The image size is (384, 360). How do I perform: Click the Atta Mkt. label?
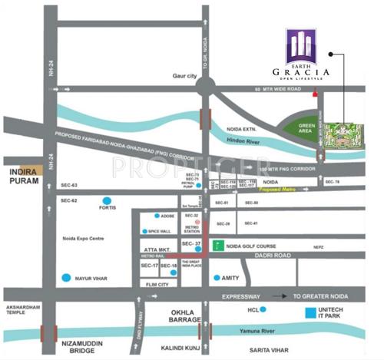pyautogui.click(x=156, y=250)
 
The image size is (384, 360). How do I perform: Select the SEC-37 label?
pyautogui.click(x=191, y=244)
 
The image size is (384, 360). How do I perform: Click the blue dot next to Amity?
pyautogui.click(x=216, y=276)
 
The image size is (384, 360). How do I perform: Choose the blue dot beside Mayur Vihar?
pyautogui.click(x=74, y=276)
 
